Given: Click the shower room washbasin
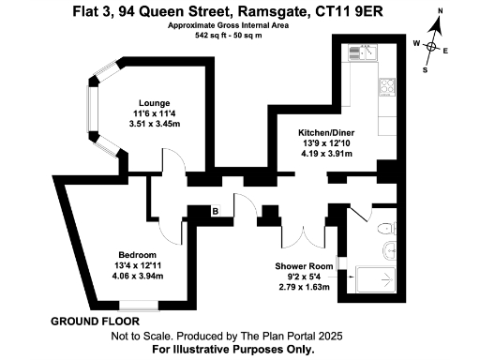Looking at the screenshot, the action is pos(390,248).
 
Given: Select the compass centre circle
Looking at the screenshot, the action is pos(432,46).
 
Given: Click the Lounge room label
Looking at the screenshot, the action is pos(154,103).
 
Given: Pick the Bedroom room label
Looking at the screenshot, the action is pos(138,255).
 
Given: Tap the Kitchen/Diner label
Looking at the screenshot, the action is pos(325,133).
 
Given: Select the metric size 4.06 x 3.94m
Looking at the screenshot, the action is pos(138,277).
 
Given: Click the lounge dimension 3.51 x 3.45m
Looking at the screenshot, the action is pos(154,124).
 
